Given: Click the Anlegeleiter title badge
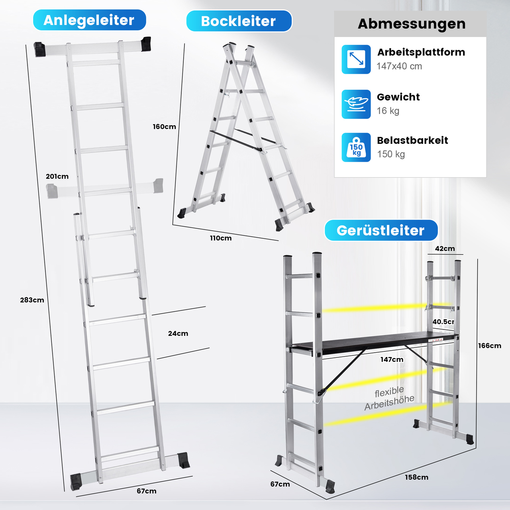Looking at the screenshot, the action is pyautogui.click(x=90, y=20).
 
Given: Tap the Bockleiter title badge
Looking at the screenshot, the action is pyautogui.click(x=239, y=21).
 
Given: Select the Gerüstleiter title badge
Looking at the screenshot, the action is pyautogui.click(x=381, y=230).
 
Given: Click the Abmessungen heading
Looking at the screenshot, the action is pyautogui.click(x=412, y=24).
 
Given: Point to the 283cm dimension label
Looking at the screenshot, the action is pyautogui.click(x=32, y=300).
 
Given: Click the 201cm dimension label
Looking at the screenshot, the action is pyautogui.click(x=57, y=176).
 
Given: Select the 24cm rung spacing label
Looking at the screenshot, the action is pyautogui.click(x=178, y=333).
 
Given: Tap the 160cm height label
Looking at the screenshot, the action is pyautogui.click(x=164, y=127).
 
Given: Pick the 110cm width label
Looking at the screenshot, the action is pyautogui.click(x=221, y=238).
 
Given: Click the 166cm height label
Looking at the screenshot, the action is pyautogui.click(x=490, y=346).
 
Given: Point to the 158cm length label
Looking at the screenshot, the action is pyautogui.click(x=417, y=477).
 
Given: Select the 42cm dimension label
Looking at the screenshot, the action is pyautogui.click(x=445, y=249).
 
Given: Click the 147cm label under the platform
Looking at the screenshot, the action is pyautogui.click(x=392, y=359).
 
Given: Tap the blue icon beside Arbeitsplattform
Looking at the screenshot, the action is pyautogui.click(x=356, y=59).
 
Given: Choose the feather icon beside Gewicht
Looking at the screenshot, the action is pyautogui.click(x=356, y=104).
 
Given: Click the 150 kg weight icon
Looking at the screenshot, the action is pyautogui.click(x=356, y=147).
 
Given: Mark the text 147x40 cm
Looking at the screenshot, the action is pyautogui.click(x=399, y=66).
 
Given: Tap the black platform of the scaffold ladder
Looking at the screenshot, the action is pyautogui.click(x=375, y=342).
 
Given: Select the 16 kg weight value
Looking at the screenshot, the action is pyautogui.click(x=388, y=111).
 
